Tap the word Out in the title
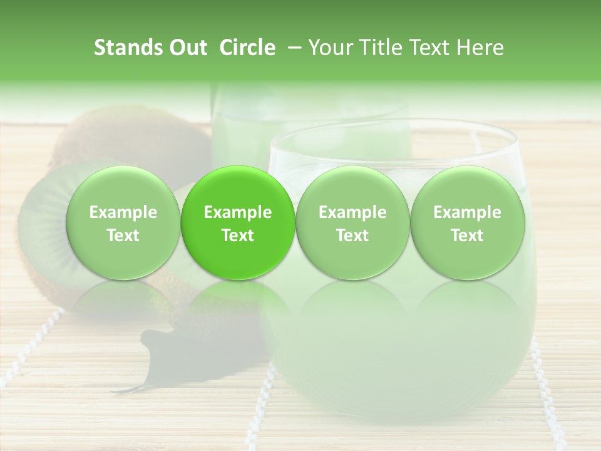[185, 48]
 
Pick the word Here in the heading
[481, 48]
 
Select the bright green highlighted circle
[237, 223]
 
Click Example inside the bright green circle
[237, 212]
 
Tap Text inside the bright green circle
[237, 236]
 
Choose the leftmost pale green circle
[123, 223]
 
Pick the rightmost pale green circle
[467, 223]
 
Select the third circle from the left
[352, 223]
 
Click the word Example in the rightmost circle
[467, 212]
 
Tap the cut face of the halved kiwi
[50, 225]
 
